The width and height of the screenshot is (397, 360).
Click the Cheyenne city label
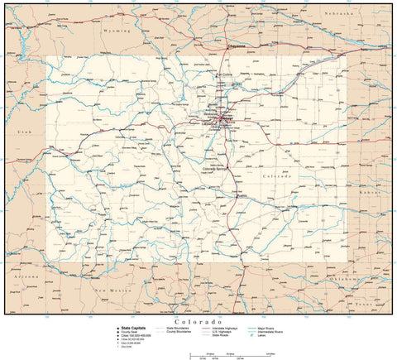(237, 46)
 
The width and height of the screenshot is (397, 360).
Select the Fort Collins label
(225, 75)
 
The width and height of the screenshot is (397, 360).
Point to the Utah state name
(13, 132)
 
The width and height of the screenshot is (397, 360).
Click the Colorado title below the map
(198, 320)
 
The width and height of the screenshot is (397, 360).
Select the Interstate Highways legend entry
(219, 328)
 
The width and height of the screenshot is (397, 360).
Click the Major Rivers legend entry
(272, 328)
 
